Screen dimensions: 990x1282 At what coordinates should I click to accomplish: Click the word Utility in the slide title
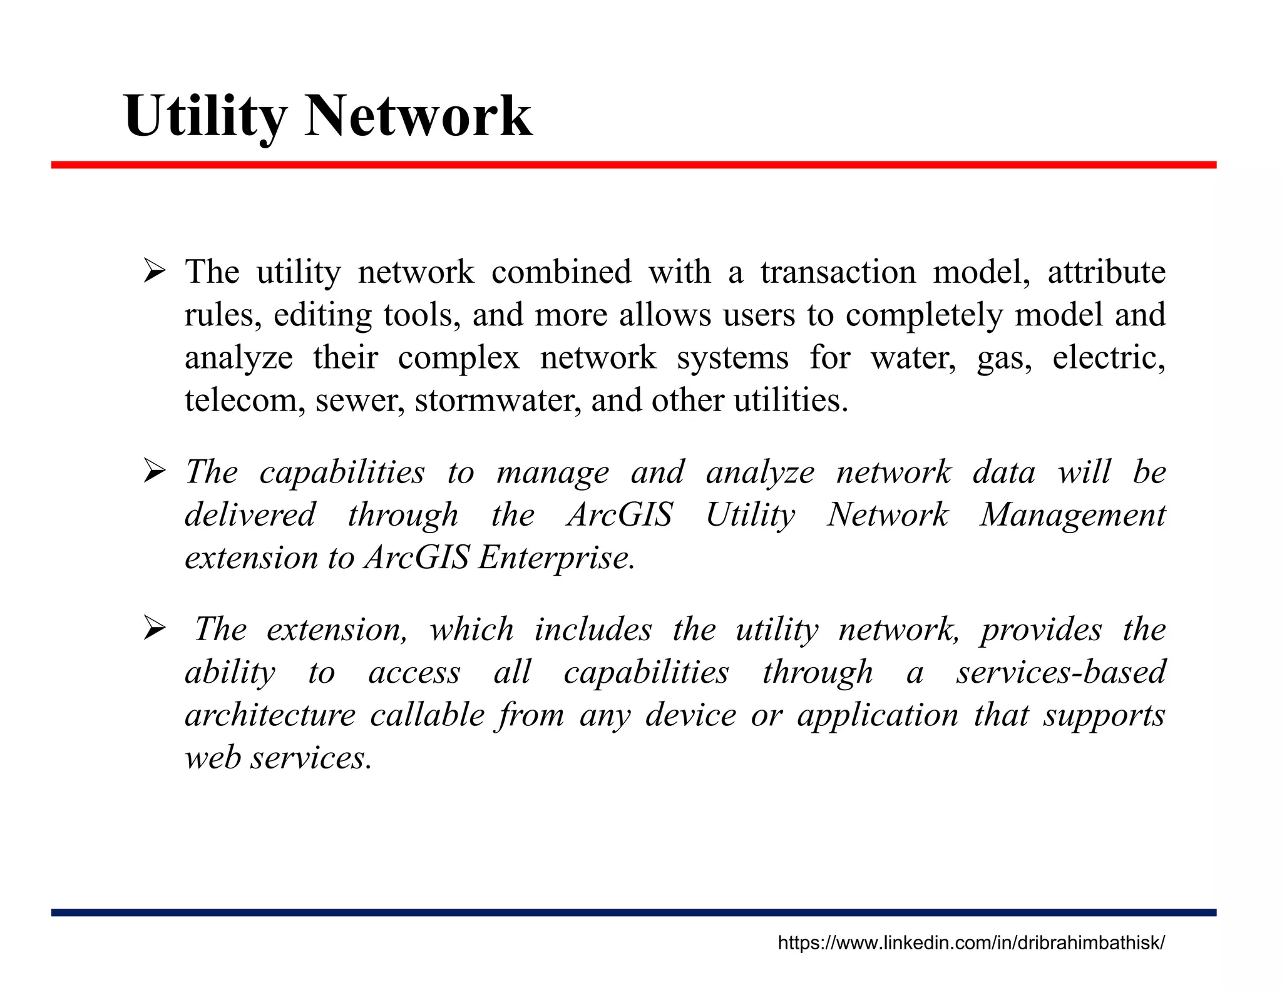[x=205, y=116]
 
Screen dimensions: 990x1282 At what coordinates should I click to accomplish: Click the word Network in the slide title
[x=418, y=116]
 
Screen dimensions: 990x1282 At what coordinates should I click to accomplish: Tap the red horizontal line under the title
[x=633, y=165]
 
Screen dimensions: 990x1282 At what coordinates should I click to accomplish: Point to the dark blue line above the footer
[x=633, y=912]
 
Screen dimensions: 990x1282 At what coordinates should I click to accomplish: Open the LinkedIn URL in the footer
[x=971, y=943]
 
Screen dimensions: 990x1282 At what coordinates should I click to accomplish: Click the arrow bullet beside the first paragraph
[x=153, y=273]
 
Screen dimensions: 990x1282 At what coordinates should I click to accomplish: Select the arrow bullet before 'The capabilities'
[x=153, y=472]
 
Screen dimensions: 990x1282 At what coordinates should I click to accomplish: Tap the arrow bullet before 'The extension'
[x=153, y=630]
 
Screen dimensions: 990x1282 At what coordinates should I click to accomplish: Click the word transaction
[x=838, y=273]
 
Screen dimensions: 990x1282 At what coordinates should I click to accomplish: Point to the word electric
[x=1109, y=358]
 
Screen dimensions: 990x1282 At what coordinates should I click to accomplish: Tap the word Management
[x=1072, y=516]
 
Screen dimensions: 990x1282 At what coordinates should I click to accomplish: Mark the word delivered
[x=250, y=516]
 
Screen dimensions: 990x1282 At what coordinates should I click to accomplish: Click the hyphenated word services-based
[x=1060, y=673]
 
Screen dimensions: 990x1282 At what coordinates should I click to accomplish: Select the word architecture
[x=270, y=715]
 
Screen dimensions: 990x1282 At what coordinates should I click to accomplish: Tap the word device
[x=690, y=715]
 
